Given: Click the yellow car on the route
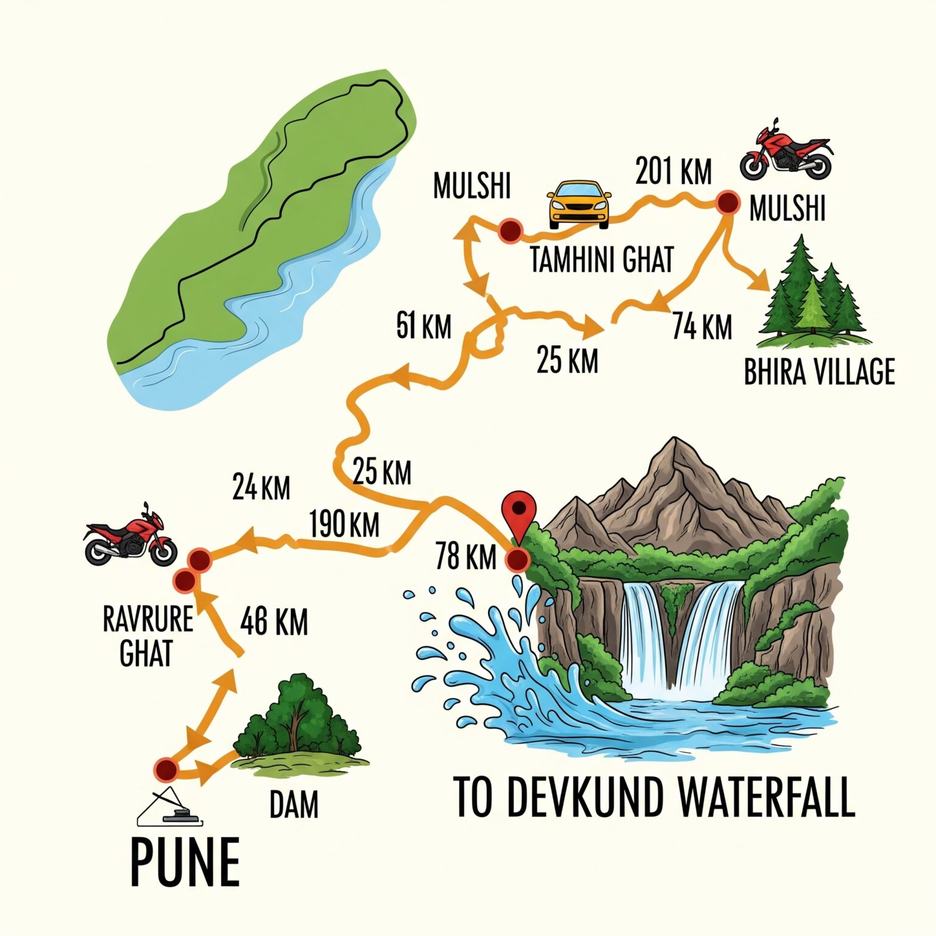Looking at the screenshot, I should click(x=579, y=204).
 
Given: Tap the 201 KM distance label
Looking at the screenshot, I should click(x=673, y=171).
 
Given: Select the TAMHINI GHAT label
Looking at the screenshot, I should click(x=602, y=260).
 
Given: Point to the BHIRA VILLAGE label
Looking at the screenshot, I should click(x=819, y=372).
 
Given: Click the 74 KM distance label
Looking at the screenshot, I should click(x=702, y=327).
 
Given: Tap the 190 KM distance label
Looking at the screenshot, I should click(x=344, y=524).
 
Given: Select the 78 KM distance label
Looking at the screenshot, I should click(x=466, y=556).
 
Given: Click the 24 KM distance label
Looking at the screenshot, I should click(x=261, y=487).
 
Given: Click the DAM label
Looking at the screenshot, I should click(x=294, y=804).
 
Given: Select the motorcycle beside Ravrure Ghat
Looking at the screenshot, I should click(x=130, y=537).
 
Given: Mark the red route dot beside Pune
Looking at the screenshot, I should click(x=165, y=770).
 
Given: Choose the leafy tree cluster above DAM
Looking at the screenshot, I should click(x=299, y=719).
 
